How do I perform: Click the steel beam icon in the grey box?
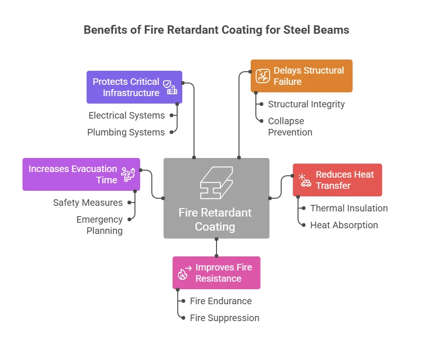[216, 183]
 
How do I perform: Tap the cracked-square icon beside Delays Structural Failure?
[262, 76]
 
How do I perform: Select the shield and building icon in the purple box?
[170, 87]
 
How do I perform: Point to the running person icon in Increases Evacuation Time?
[128, 174]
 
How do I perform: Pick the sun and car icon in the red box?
[305, 180]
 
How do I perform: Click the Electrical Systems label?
[127, 115]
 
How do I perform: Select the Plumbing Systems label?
[126, 132]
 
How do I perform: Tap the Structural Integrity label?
[306, 104]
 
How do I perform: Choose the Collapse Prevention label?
[290, 127]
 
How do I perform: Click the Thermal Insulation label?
[349, 208]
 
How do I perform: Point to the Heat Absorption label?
[344, 225]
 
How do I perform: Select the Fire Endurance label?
[221, 301]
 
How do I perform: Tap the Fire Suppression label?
[224, 318]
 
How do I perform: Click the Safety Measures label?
[88, 202]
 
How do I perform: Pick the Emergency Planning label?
[100, 225]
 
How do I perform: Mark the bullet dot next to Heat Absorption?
[304, 225]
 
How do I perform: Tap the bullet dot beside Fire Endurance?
[183, 301]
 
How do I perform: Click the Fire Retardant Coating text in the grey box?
[215, 220]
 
